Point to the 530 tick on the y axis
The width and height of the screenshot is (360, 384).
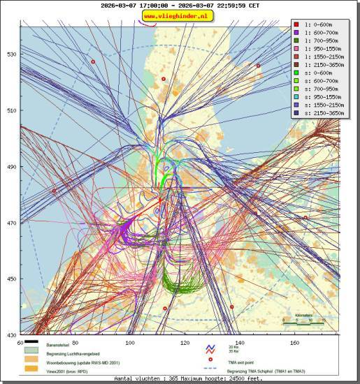coord(12,54)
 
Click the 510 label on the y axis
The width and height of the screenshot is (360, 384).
coord(12,111)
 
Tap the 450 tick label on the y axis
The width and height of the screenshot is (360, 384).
coord(12,279)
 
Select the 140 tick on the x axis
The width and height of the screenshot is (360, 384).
coord(240,343)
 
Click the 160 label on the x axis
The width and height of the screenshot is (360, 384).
coord(295,343)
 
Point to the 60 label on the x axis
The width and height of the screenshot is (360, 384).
coord(20,343)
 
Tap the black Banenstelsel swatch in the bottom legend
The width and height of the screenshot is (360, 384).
coord(31,344)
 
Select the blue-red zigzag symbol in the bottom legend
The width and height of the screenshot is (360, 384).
coord(208,349)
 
